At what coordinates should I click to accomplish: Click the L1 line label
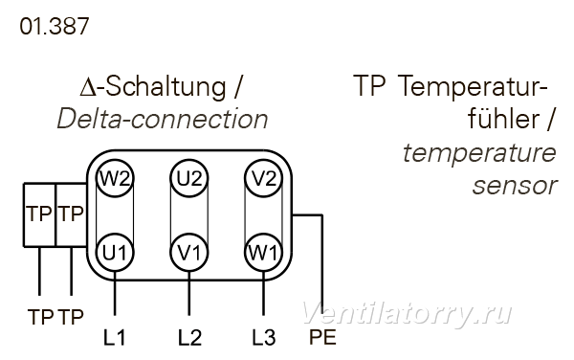pos(114,338)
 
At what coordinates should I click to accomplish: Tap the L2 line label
pos(189,338)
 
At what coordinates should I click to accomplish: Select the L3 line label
pos(264,338)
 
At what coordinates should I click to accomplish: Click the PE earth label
pos(322,337)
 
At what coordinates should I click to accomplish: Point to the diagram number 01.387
pos(55,27)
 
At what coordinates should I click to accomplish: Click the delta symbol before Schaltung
pos(88,88)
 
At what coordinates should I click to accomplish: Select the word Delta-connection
pos(163,119)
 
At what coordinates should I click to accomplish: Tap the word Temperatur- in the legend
pos(473,86)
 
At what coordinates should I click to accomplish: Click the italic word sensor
pos(515,186)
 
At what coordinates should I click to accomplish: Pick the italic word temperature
pos(479,153)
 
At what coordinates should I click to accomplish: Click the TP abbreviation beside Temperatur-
pos(369,86)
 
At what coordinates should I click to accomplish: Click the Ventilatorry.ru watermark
pos(407,314)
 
